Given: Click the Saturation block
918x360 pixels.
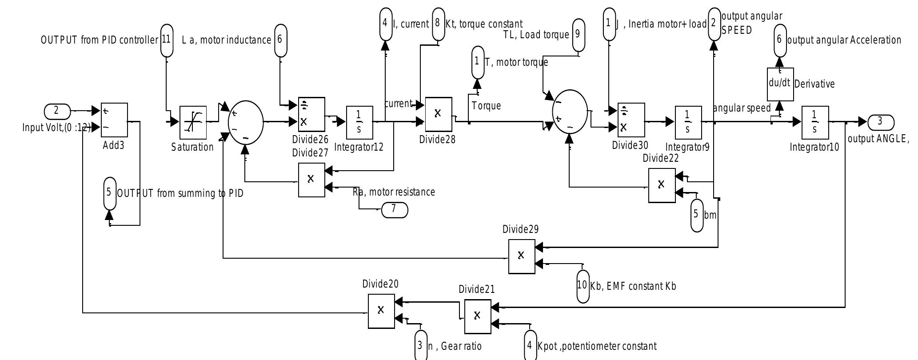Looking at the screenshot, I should [x=193, y=122].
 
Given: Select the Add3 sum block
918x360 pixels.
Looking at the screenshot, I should [x=114, y=120].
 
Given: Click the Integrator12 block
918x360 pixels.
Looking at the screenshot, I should [x=359, y=122].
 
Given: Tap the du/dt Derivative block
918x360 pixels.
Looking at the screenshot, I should [x=780, y=84].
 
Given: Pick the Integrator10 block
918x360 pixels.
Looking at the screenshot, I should [x=815, y=122].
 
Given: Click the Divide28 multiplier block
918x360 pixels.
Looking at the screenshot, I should [x=438, y=114].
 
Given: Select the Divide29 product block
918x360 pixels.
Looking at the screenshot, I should [x=522, y=256].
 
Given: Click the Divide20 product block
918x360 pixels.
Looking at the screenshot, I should [x=381, y=311].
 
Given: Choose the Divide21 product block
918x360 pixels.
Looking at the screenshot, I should [x=478, y=316].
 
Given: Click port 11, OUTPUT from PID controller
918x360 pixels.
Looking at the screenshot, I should [x=167, y=40].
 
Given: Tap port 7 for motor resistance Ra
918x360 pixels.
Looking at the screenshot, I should [x=395, y=209].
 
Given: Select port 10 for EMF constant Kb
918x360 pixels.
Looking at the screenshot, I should [x=583, y=286].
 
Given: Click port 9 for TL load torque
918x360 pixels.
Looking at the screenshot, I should [x=578, y=35].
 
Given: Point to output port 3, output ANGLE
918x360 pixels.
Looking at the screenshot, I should [x=880, y=122].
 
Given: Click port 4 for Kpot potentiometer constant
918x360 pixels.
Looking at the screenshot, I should [x=530, y=346].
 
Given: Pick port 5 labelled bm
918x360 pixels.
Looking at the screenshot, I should [x=697, y=215].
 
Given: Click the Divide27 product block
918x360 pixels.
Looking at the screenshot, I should [x=311, y=180].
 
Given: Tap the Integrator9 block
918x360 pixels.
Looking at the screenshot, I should [x=688, y=122].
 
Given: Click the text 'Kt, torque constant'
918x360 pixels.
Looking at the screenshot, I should [x=484, y=24].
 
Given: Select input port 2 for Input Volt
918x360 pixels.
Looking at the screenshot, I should [x=57, y=111].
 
